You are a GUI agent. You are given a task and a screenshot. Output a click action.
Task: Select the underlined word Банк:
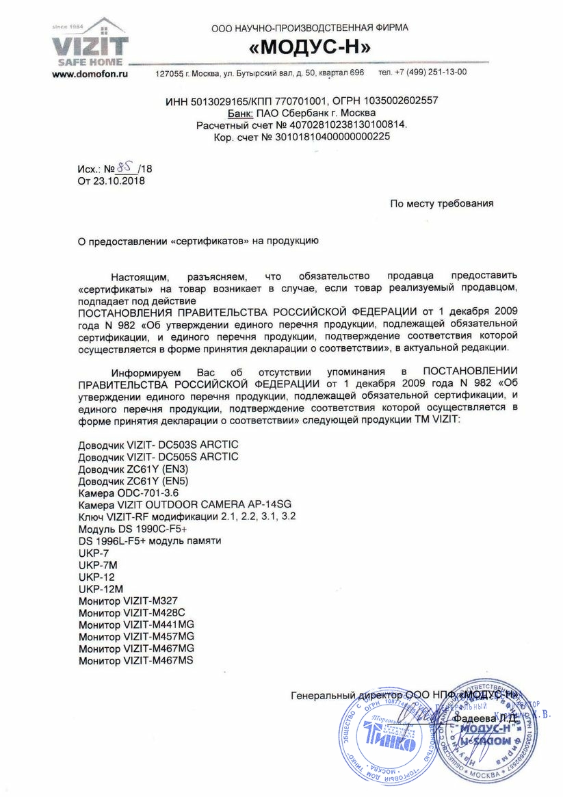tap(240, 113)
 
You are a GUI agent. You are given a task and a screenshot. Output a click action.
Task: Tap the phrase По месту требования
tap(441, 203)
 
